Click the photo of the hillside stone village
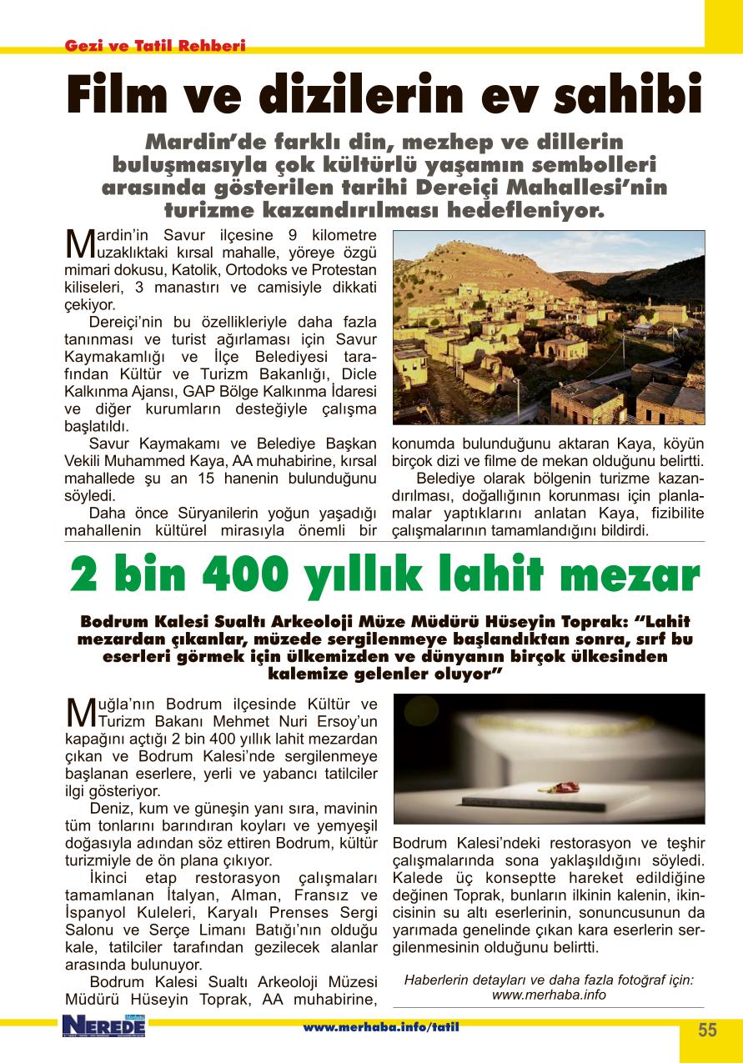(x=548, y=328)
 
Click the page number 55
(x=706, y=1030)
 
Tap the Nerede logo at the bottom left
(x=103, y=1026)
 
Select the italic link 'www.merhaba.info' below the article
(x=548, y=995)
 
